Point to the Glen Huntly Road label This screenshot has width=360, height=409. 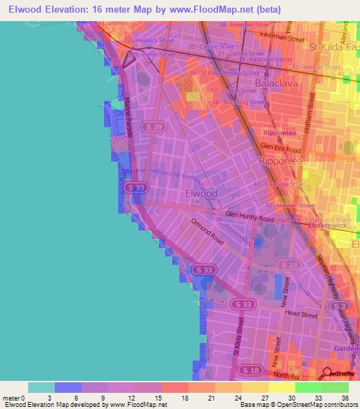tap(250, 217)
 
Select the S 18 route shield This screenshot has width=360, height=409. tap(250, 370)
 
